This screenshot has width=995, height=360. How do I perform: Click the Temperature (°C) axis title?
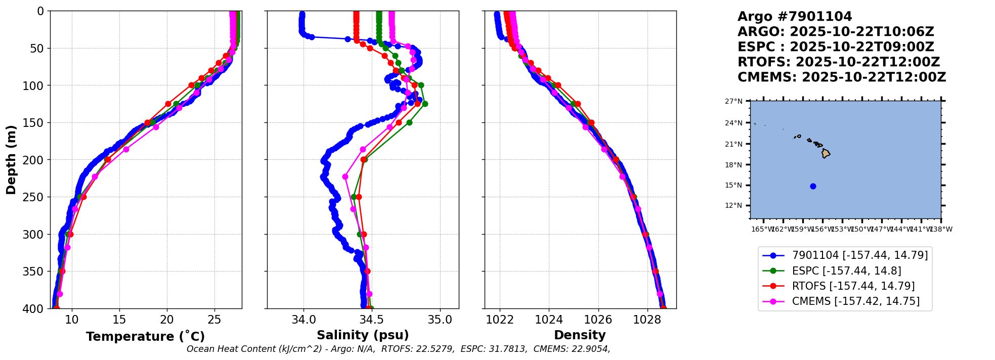pos(145,337)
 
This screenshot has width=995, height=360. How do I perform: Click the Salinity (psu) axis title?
pos(363,335)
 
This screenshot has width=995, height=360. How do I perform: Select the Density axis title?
pos(580,335)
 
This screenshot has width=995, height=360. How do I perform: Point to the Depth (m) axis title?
pos(11,160)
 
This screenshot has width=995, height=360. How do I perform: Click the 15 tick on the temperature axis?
pos(119,320)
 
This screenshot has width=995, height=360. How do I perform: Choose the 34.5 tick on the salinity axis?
pos(372,320)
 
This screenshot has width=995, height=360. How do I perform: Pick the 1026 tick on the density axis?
pos(598,320)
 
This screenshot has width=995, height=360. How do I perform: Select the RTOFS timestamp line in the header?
pos(839,62)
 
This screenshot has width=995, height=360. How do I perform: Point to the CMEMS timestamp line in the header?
pos(842,77)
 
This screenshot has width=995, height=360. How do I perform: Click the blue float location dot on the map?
pos(813,186)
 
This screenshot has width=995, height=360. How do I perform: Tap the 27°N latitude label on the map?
pos(734,102)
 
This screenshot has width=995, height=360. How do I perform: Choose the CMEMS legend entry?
pos(855,301)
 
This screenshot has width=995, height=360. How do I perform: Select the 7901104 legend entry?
pos(859,256)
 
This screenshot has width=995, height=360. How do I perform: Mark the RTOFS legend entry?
pos(853,286)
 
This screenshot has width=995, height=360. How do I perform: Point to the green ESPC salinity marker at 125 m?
pos(425,104)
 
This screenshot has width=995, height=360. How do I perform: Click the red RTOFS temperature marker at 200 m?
pos(108,159)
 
